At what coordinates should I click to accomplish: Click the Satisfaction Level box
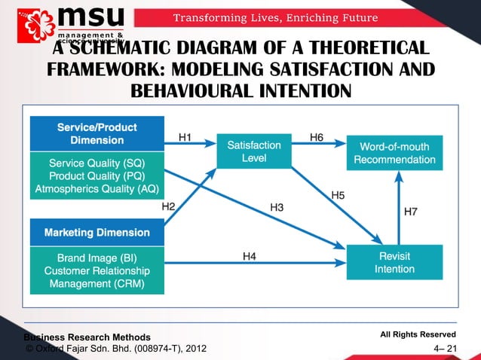pos(254,152)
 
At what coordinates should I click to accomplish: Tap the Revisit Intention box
pos(394,262)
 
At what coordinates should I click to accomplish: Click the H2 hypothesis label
pos(170,206)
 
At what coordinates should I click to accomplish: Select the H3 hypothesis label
pos(278,206)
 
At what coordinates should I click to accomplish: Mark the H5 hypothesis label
pos(339,194)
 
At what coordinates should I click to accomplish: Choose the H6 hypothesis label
pos(317,137)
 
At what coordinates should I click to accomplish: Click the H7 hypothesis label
pos(412,212)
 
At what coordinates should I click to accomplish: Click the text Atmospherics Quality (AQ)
pos(97,188)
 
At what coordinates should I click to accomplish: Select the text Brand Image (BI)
pos(97,258)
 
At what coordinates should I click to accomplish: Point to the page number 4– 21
pos(446,348)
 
